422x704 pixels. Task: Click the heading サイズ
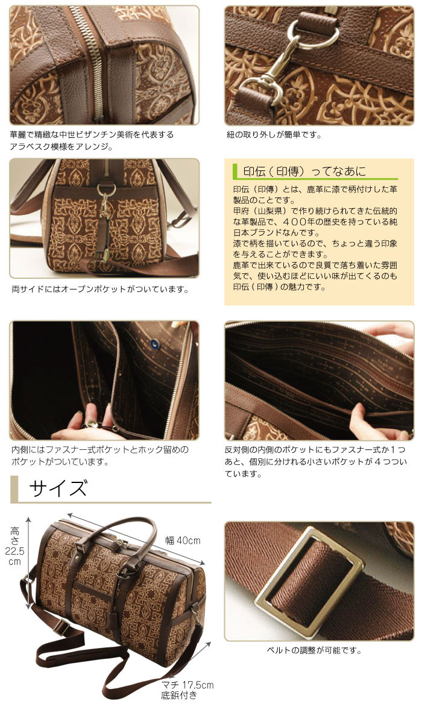[58, 488]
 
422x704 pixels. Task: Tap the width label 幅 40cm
[183, 540]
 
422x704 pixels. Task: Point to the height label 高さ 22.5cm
[15, 546]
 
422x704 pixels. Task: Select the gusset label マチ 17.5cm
[187, 685]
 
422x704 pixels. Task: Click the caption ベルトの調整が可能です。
[314, 650]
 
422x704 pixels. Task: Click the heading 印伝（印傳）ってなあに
[304, 171]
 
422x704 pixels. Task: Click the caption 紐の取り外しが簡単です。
[274, 134]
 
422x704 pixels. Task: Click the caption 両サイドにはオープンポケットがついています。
[100, 290]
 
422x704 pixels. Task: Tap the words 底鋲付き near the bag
[179, 696]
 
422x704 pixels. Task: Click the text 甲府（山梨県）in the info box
[260, 211]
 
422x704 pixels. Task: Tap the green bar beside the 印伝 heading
[235, 171]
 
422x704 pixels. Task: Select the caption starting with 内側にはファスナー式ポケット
[99, 455]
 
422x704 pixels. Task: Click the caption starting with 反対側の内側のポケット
[315, 461]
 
